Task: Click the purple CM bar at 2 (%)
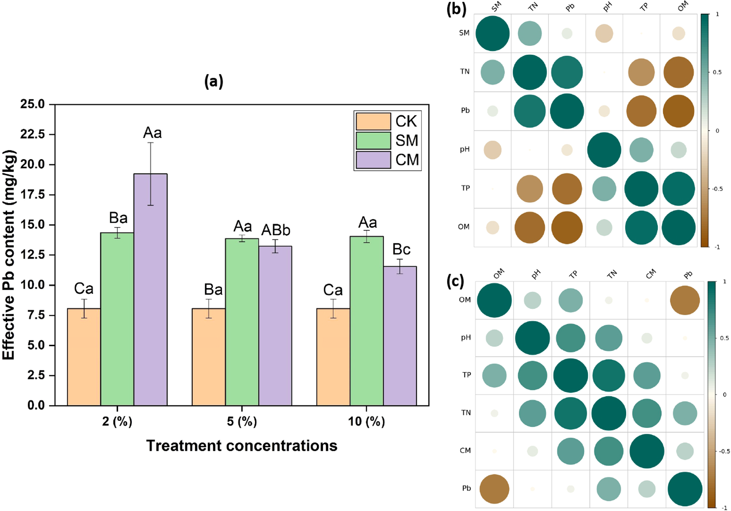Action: click(x=150, y=290)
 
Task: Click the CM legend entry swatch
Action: click(x=373, y=160)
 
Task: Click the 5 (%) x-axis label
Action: click(x=242, y=421)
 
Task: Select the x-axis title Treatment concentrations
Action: click(x=242, y=446)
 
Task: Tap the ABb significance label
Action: click(x=276, y=230)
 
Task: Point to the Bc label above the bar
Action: click(x=401, y=249)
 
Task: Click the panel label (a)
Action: click(x=214, y=81)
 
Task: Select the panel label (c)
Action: click(x=455, y=281)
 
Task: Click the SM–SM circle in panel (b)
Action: click(x=492, y=34)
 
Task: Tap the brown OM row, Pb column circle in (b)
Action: click(x=567, y=227)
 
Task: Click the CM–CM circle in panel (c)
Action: click(x=647, y=451)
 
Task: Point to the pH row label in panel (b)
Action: click(x=464, y=149)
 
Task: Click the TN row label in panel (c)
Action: click(x=466, y=413)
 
